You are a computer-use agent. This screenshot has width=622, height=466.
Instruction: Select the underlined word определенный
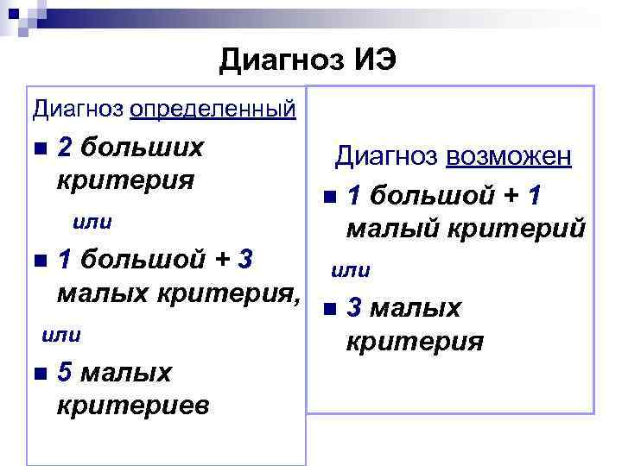coord(213,110)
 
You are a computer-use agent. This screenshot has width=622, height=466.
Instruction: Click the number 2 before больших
coord(64,148)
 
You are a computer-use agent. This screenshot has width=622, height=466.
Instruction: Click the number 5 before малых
coord(64,372)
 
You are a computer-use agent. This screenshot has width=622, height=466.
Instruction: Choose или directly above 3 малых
coord(351,271)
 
